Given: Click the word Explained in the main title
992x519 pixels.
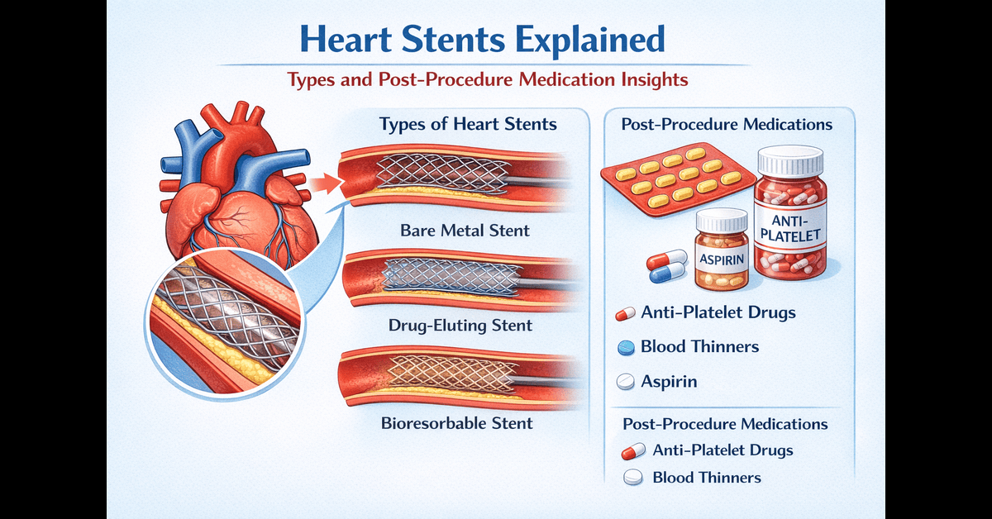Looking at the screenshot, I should (579, 40).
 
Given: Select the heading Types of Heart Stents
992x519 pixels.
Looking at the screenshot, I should (468, 125).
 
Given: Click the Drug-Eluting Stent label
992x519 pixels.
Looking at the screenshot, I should (460, 325).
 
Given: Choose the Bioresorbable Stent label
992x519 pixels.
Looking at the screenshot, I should (457, 423).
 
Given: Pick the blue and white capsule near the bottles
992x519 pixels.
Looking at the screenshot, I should (667, 265).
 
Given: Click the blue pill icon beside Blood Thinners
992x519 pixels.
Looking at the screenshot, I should (626, 348).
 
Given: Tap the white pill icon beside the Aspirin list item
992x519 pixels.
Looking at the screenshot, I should (626, 382).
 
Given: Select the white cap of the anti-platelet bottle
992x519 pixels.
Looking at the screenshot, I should (791, 159).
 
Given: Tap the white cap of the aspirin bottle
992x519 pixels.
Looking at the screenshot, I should (721, 219).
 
